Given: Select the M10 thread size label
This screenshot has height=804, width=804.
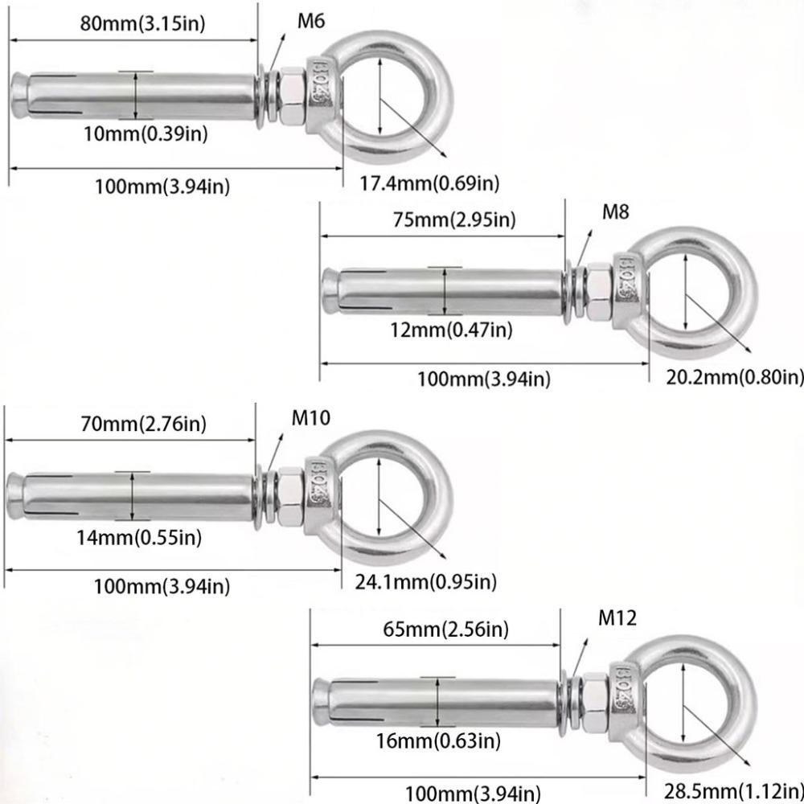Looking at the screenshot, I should [311, 418].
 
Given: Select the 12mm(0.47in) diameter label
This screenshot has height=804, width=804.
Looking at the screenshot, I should [451, 330].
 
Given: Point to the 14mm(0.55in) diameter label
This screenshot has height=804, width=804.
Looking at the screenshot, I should [139, 536].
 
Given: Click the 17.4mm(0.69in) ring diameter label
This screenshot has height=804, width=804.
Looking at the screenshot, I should [429, 183].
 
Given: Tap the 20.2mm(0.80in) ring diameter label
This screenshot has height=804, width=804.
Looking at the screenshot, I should [734, 376].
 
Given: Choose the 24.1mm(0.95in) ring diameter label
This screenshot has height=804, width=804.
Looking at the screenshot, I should [426, 580].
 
